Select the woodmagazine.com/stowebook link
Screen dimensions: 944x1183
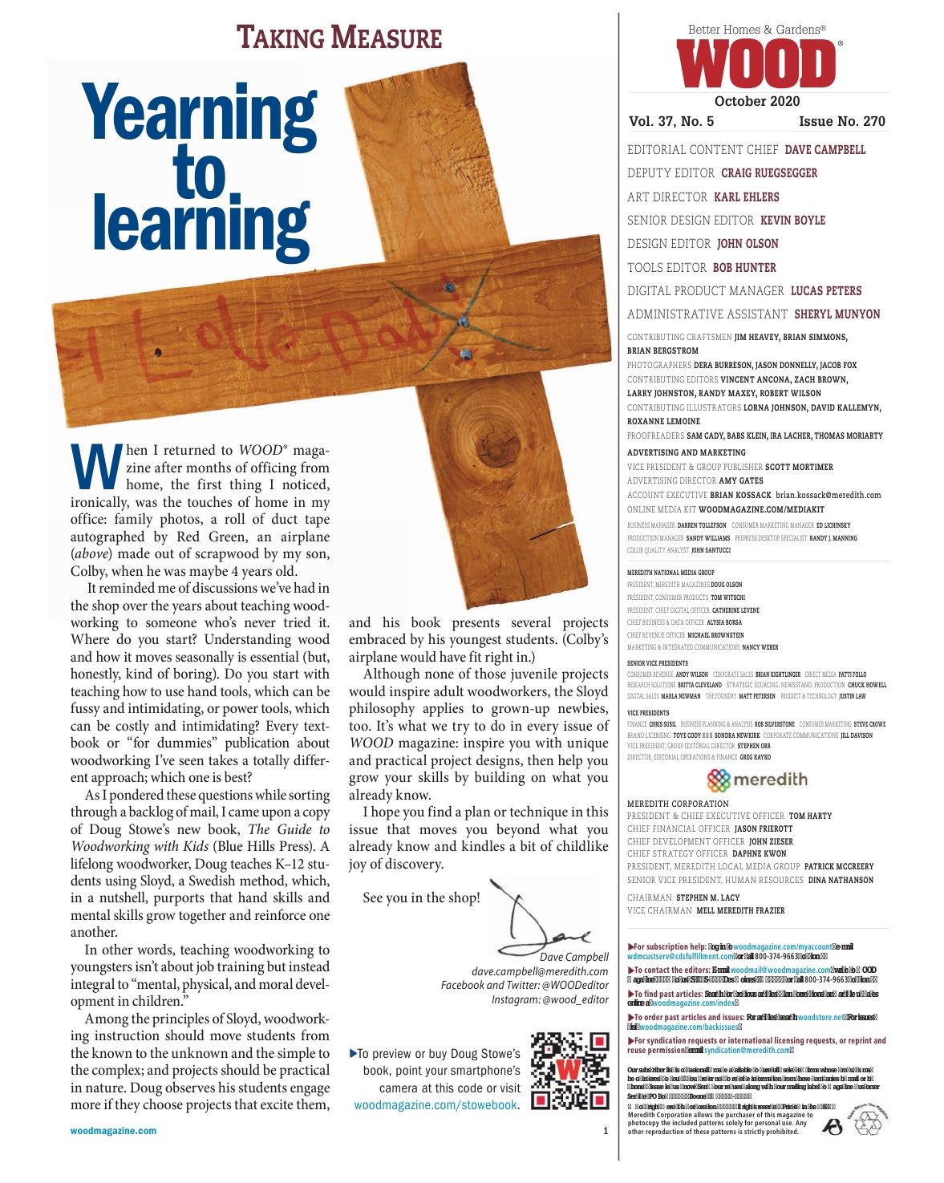point(436,1105)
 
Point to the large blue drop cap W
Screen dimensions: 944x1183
point(97,466)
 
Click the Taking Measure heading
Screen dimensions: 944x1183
point(339,38)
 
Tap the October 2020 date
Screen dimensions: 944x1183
point(756,101)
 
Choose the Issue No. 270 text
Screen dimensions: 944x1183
point(841,122)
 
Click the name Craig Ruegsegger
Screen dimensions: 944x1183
point(768,173)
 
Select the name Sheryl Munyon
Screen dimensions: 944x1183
point(837,314)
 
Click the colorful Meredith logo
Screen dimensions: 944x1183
point(756,780)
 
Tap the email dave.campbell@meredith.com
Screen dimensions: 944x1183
point(539,971)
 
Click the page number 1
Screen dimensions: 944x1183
point(606,1131)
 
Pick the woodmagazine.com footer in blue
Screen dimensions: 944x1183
point(113,1131)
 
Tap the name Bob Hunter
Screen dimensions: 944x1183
point(744,268)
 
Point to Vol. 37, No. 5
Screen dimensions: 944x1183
point(671,122)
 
